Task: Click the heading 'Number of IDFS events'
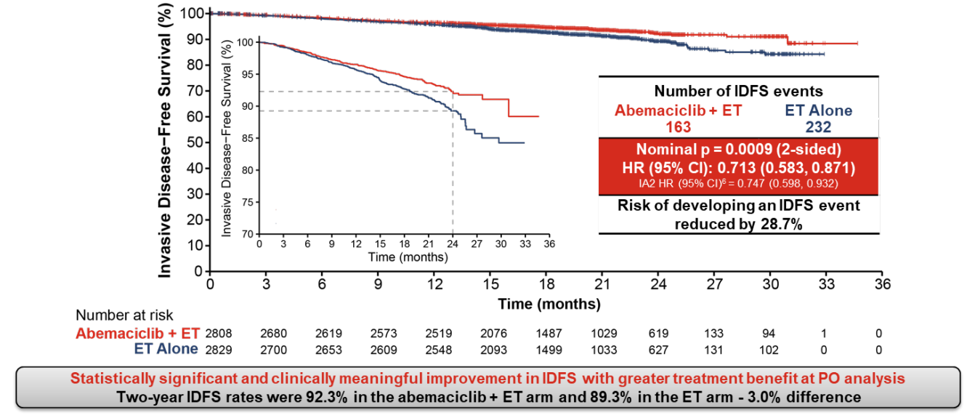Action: coord(739,92)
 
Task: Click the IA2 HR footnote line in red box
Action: coord(739,182)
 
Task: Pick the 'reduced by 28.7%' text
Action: coord(739,224)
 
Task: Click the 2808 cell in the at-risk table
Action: coord(221,333)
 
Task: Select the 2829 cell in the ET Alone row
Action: coord(221,349)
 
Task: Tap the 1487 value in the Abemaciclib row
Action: coord(549,333)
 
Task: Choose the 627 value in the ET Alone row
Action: coord(660,349)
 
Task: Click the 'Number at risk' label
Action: coord(124,315)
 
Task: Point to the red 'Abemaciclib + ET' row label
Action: coord(137,333)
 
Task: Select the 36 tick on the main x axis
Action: coord(882,284)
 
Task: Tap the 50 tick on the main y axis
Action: coord(194,142)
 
